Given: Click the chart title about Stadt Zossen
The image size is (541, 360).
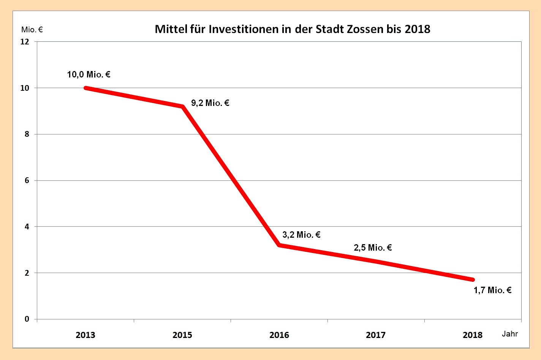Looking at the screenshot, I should click(292, 29).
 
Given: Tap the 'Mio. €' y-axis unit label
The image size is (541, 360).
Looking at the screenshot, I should click(32, 30).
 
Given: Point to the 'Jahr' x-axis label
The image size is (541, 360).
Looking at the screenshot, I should click(509, 334).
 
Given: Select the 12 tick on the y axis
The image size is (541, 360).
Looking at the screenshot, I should click(25, 41).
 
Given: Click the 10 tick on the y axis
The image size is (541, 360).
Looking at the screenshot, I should click(25, 88).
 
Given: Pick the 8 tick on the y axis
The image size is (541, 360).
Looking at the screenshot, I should click(27, 134).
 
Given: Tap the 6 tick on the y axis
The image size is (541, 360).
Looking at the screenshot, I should click(27, 180).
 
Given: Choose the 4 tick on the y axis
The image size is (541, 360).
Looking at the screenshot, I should click(27, 227).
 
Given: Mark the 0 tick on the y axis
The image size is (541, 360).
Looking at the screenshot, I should click(27, 319).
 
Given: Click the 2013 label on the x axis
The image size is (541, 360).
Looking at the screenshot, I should click(85, 335).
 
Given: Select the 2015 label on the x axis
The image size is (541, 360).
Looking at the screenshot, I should click(182, 335).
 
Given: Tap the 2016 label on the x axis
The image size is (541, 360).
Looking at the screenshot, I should click(279, 335).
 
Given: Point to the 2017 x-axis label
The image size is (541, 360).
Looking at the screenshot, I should click(376, 335).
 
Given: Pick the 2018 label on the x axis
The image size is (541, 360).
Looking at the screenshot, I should click(473, 335).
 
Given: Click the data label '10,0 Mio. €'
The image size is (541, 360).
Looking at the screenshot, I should click(89, 74).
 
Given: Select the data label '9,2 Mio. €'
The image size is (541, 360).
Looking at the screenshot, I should click(210, 103).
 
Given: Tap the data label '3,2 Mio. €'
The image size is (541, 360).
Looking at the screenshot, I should click(301, 235).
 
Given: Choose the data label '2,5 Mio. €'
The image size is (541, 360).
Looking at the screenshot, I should click(373, 248).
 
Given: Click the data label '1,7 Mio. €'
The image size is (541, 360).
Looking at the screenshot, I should click(492, 290).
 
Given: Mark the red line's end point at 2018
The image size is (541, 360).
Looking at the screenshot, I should click(472, 279).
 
